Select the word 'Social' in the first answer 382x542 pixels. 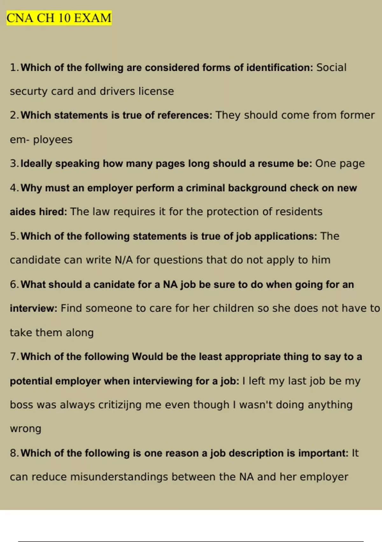click(331, 68)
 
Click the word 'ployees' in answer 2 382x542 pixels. click(53, 140)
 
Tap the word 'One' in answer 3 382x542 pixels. click(325, 164)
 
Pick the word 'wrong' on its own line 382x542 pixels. click(25, 429)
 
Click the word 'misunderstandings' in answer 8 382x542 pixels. click(119, 477)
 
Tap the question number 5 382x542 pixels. click(13, 236)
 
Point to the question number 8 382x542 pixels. click(13, 453)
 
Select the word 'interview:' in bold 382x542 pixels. click(33, 308)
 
